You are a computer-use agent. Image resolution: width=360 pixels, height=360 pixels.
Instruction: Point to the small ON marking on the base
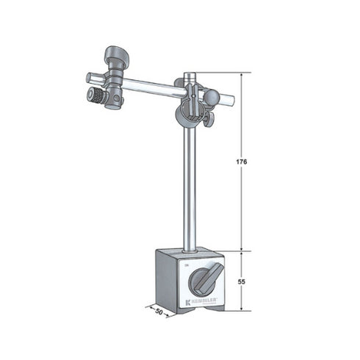187,264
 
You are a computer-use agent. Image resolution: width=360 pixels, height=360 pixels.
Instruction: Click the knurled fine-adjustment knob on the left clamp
96,96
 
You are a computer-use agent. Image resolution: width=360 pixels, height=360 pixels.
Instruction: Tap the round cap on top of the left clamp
116,54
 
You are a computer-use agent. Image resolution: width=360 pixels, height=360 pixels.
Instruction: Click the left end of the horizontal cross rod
89,76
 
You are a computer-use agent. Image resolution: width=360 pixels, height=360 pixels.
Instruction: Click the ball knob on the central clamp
211,96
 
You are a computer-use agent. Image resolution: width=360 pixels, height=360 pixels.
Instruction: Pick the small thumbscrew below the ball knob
209,118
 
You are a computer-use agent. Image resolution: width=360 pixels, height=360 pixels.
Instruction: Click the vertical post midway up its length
190,184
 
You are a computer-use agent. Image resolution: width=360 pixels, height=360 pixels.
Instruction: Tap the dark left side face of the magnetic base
167,279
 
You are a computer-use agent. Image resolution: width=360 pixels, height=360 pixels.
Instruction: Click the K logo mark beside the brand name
189,302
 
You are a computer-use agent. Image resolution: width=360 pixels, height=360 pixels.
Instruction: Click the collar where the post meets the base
190,250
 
